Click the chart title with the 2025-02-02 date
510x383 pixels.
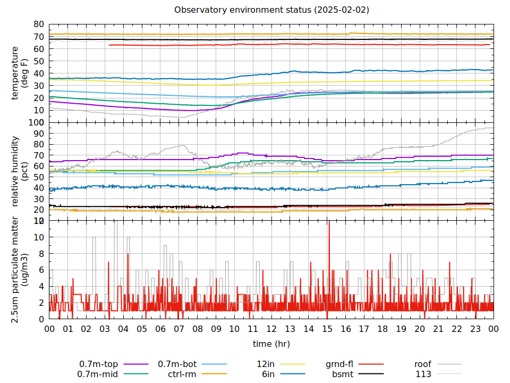coord(271,10)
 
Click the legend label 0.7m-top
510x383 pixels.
coord(99,364)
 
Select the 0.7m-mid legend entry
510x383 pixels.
coord(99,374)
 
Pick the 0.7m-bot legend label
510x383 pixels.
coord(177,364)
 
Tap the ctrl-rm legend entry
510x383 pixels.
coord(183,374)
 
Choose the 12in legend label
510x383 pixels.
coord(265,364)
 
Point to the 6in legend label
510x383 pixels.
coord(268,374)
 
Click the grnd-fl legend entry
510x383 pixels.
coord(339,364)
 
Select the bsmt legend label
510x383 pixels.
coord(343,374)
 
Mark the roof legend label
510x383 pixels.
coord(423,364)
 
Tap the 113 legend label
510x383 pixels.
coord(423,374)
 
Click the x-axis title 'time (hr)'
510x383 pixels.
coord(271,344)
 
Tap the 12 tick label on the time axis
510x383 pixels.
coord(271,329)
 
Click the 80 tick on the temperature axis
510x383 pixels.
coord(39,24)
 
